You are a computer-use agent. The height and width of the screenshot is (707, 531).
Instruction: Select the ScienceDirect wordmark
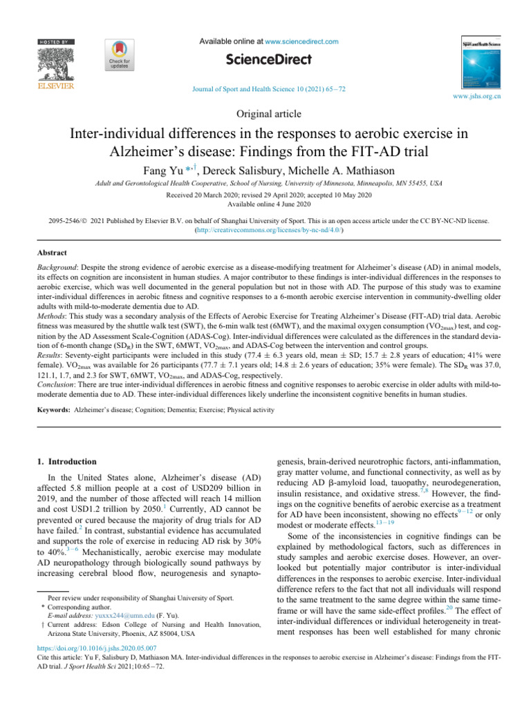point(265,61)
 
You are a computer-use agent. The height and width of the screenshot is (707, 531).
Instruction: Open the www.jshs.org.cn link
point(478,97)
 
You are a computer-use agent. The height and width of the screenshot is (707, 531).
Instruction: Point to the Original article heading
point(265,113)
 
